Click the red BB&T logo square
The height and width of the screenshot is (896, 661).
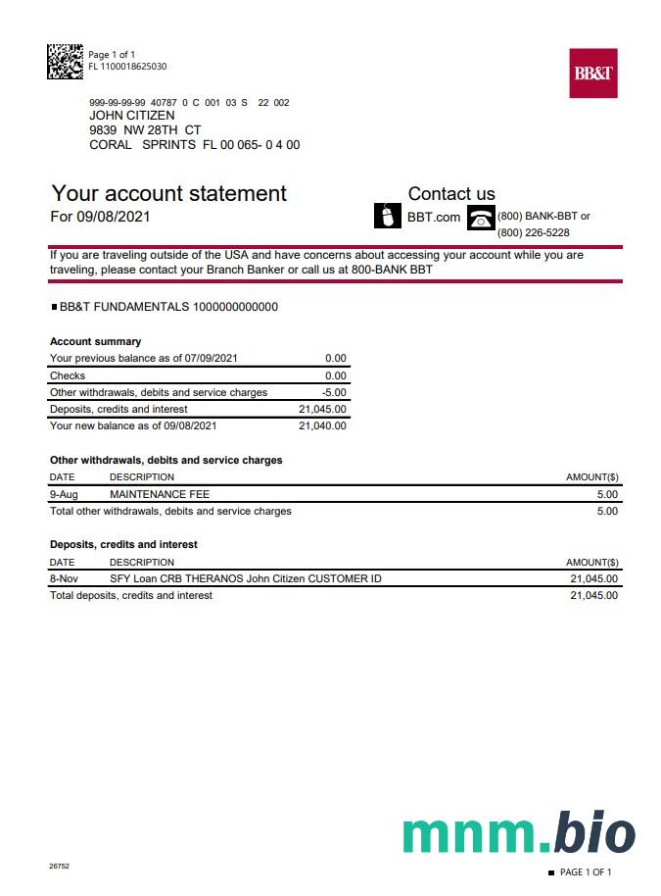click(x=593, y=74)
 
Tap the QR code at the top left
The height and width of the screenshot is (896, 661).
click(x=65, y=61)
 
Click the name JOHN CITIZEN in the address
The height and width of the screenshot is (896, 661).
click(x=132, y=116)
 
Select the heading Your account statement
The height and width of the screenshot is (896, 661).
click(x=168, y=193)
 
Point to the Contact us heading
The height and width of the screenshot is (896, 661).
click(x=451, y=194)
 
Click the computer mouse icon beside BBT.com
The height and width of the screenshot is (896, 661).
click(x=389, y=216)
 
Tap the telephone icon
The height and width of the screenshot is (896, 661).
click(x=481, y=217)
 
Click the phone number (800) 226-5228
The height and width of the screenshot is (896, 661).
click(x=534, y=232)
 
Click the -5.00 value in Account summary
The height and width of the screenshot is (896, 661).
click(x=334, y=392)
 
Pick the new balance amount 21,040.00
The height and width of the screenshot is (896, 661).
click(x=322, y=425)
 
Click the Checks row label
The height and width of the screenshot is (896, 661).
click(x=68, y=375)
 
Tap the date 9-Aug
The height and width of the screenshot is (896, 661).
click(x=64, y=494)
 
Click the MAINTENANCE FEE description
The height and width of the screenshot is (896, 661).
click(x=160, y=494)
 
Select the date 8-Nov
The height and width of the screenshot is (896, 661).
click(x=64, y=578)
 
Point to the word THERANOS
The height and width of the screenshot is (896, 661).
click(x=213, y=578)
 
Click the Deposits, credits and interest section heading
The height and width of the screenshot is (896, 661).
click(x=123, y=544)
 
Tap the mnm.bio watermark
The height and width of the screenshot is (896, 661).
click(x=518, y=832)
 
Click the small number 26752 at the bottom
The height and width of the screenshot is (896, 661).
click(x=59, y=867)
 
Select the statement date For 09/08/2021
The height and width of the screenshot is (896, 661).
click(x=100, y=216)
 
